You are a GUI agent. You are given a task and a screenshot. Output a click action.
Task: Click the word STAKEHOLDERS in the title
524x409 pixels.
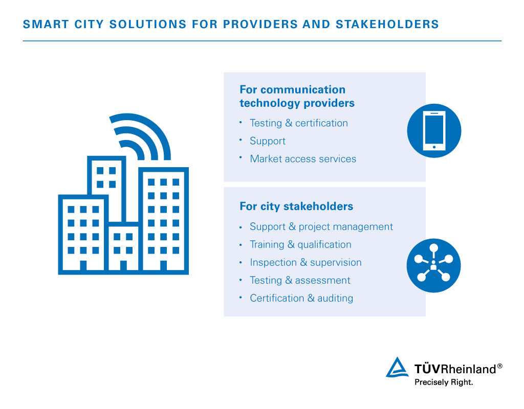pyautogui.click(x=387, y=25)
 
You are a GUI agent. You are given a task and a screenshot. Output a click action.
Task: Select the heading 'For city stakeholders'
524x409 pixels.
pyautogui.click(x=296, y=207)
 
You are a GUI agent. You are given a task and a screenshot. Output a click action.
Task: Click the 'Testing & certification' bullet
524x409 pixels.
pyautogui.click(x=299, y=123)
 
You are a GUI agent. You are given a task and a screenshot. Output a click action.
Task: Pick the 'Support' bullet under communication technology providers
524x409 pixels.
pyautogui.click(x=268, y=141)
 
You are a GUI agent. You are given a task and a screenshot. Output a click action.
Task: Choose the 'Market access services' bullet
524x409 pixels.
pyautogui.click(x=303, y=159)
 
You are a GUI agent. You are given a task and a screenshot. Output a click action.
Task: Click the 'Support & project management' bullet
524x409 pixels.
pyautogui.click(x=321, y=226)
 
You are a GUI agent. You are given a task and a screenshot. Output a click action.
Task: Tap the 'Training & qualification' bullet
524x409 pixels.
pyautogui.click(x=300, y=245)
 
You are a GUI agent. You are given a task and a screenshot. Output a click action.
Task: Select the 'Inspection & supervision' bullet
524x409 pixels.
pyautogui.click(x=306, y=262)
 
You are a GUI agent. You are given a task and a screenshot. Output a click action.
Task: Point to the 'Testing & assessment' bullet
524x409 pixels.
pyautogui.click(x=300, y=281)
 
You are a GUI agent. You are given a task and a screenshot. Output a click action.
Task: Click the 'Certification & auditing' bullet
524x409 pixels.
pyautogui.click(x=301, y=298)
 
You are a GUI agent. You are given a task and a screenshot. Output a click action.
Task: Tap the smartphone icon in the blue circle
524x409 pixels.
pyautogui.click(x=434, y=130)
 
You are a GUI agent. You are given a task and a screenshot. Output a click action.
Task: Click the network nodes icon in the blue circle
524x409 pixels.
pyautogui.click(x=433, y=265)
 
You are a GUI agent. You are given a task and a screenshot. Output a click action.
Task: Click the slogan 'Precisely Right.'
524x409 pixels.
pyautogui.click(x=444, y=382)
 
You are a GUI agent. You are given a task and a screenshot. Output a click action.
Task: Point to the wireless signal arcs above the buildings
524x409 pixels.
pyautogui.click(x=147, y=133)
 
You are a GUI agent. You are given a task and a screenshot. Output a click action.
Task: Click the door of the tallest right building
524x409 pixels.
pyautogui.click(x=163, y=265)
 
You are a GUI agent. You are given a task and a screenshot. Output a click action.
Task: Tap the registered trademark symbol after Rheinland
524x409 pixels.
pyautogui.click(x=499, y=366)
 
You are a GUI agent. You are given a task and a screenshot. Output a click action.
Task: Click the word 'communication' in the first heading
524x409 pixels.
pyautogui.click(x=303, y=89)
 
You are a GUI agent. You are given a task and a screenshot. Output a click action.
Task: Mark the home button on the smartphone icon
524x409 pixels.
pyautogui.click(x=434, y=147)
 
